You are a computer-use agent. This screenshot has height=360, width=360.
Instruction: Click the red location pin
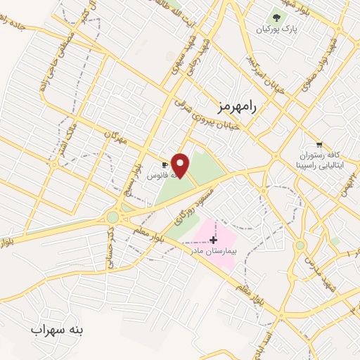pos(181,166)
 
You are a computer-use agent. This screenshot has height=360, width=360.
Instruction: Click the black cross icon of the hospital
pos(214,240)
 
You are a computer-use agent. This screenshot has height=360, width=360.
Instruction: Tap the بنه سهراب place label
pos(58,328)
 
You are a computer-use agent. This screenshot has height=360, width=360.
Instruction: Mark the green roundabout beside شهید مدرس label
pos(300,245)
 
